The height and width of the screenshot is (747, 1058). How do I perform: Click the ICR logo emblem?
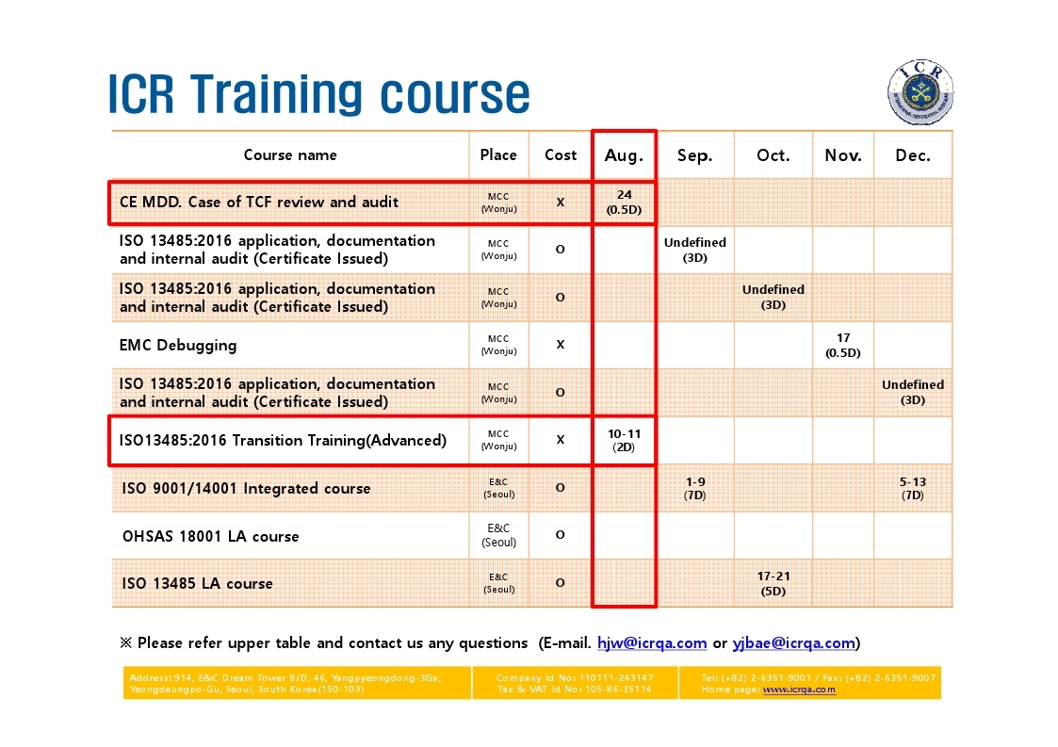click(920, 91)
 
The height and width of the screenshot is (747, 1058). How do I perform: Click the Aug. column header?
click(624, 155)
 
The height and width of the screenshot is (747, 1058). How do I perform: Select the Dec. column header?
click(913, 155)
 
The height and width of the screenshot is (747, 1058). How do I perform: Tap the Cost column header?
click(561, 155)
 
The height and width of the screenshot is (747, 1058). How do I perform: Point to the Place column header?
click(498, 155)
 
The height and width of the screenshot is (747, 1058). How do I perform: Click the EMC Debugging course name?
click(178, 346)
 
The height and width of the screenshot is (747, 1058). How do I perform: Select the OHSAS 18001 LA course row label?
click(210, 536)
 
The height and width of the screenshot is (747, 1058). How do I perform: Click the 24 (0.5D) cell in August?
click(624, 202)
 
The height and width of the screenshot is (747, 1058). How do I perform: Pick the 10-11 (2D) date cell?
click(624, 440)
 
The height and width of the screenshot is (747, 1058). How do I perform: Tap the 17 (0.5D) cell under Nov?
click(843, 345)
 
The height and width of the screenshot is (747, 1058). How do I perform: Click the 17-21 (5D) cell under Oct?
click(773, 583)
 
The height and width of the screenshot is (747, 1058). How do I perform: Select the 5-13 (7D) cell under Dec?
click(913, 488)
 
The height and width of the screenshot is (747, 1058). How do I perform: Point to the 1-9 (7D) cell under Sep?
click(695, 488)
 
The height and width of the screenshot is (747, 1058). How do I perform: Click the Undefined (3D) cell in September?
click(695, 250)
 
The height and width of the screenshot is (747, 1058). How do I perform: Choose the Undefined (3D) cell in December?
click(913, 392)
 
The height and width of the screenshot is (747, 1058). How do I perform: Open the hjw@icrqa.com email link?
click(652, 643)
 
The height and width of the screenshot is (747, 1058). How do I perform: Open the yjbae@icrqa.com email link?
click(794, 643)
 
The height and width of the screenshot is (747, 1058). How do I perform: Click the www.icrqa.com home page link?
click(799, 690)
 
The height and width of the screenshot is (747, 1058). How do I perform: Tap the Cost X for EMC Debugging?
click(560, 345)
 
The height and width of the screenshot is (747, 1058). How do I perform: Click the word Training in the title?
click(278, 94)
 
